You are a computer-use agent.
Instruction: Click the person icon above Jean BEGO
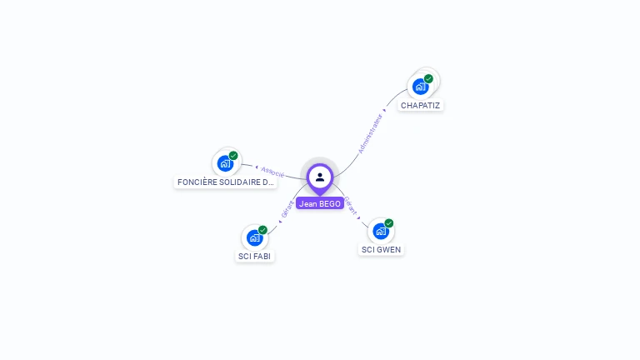[x=320, y=177]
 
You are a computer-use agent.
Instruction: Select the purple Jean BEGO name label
[x=320, y=203]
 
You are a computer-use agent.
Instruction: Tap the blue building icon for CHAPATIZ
[x=420, y=86]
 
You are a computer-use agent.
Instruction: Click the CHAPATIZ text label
[x=420, y=106]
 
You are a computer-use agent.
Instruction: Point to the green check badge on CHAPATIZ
[x=428, y=78]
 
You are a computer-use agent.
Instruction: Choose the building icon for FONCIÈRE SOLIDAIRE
[x=225, y=162]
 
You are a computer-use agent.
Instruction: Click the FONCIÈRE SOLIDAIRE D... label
[x=225, y=182]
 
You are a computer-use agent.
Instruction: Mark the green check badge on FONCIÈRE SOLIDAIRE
[x=233, y=155]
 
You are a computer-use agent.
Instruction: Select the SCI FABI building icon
[x=254, y=237]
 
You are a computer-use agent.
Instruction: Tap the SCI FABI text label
[x=254, y=257]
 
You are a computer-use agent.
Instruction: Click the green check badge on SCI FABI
[x=262, y=230]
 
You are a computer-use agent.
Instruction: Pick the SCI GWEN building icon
[x=381, y=231]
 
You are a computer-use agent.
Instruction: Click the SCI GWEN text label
[x=382, y=250]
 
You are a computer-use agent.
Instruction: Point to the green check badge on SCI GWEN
[x=389, y=223]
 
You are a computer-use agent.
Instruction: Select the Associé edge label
[x=272, y=172]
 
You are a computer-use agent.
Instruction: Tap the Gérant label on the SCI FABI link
[x=287, y=209]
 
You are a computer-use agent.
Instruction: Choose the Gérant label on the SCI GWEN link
[x=351, y=206]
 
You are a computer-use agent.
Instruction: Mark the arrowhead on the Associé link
[x=257, y=167]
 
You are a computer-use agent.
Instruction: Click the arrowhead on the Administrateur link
[x=384, y=109]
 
